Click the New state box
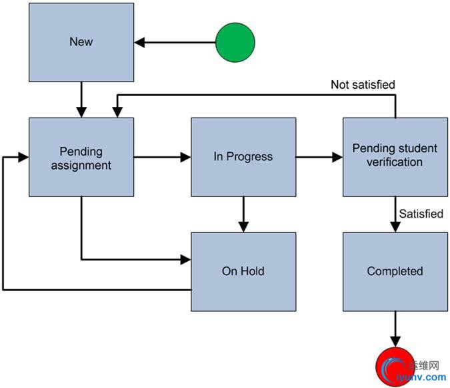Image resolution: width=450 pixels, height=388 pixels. pyautogui.click(x=81, y=42)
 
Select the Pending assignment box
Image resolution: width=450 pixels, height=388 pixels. pyautogui.click(x=81, y=157)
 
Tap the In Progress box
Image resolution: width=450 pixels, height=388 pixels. pyautogui.click(x=243, y=157)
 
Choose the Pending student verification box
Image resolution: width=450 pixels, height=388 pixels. pyautogui.click(x=395, y=157)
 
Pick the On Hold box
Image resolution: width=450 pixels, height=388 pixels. pyautogui.click(x=243, y=271)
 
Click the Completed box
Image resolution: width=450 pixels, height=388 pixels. pyautogui.click(x=395, y=271)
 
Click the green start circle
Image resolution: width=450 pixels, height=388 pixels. pyautogui.click(x=235, y=43)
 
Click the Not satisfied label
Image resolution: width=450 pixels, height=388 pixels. pyautogui.click(x=363, y=85)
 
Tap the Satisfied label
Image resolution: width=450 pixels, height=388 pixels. pyautogui.click(x=421, y=214)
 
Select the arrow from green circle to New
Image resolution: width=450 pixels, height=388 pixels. pyautogui.click(x=175, y=43)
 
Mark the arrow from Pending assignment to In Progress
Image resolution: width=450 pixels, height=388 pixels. pyautogui.click(x=162, y=158)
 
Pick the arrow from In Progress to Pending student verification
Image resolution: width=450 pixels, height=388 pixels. pyautogui.click(x=319, y=158)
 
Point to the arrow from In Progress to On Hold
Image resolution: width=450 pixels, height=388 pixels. pyautogui.click(x=243, y=214)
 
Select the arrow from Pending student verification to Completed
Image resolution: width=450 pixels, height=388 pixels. pyautogui.click(x=395, y=214)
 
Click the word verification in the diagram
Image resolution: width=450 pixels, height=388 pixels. pyautogui.click(x=397, y=163)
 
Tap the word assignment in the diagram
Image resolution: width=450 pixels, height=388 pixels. pyautogui.click(x=81, y=164)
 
